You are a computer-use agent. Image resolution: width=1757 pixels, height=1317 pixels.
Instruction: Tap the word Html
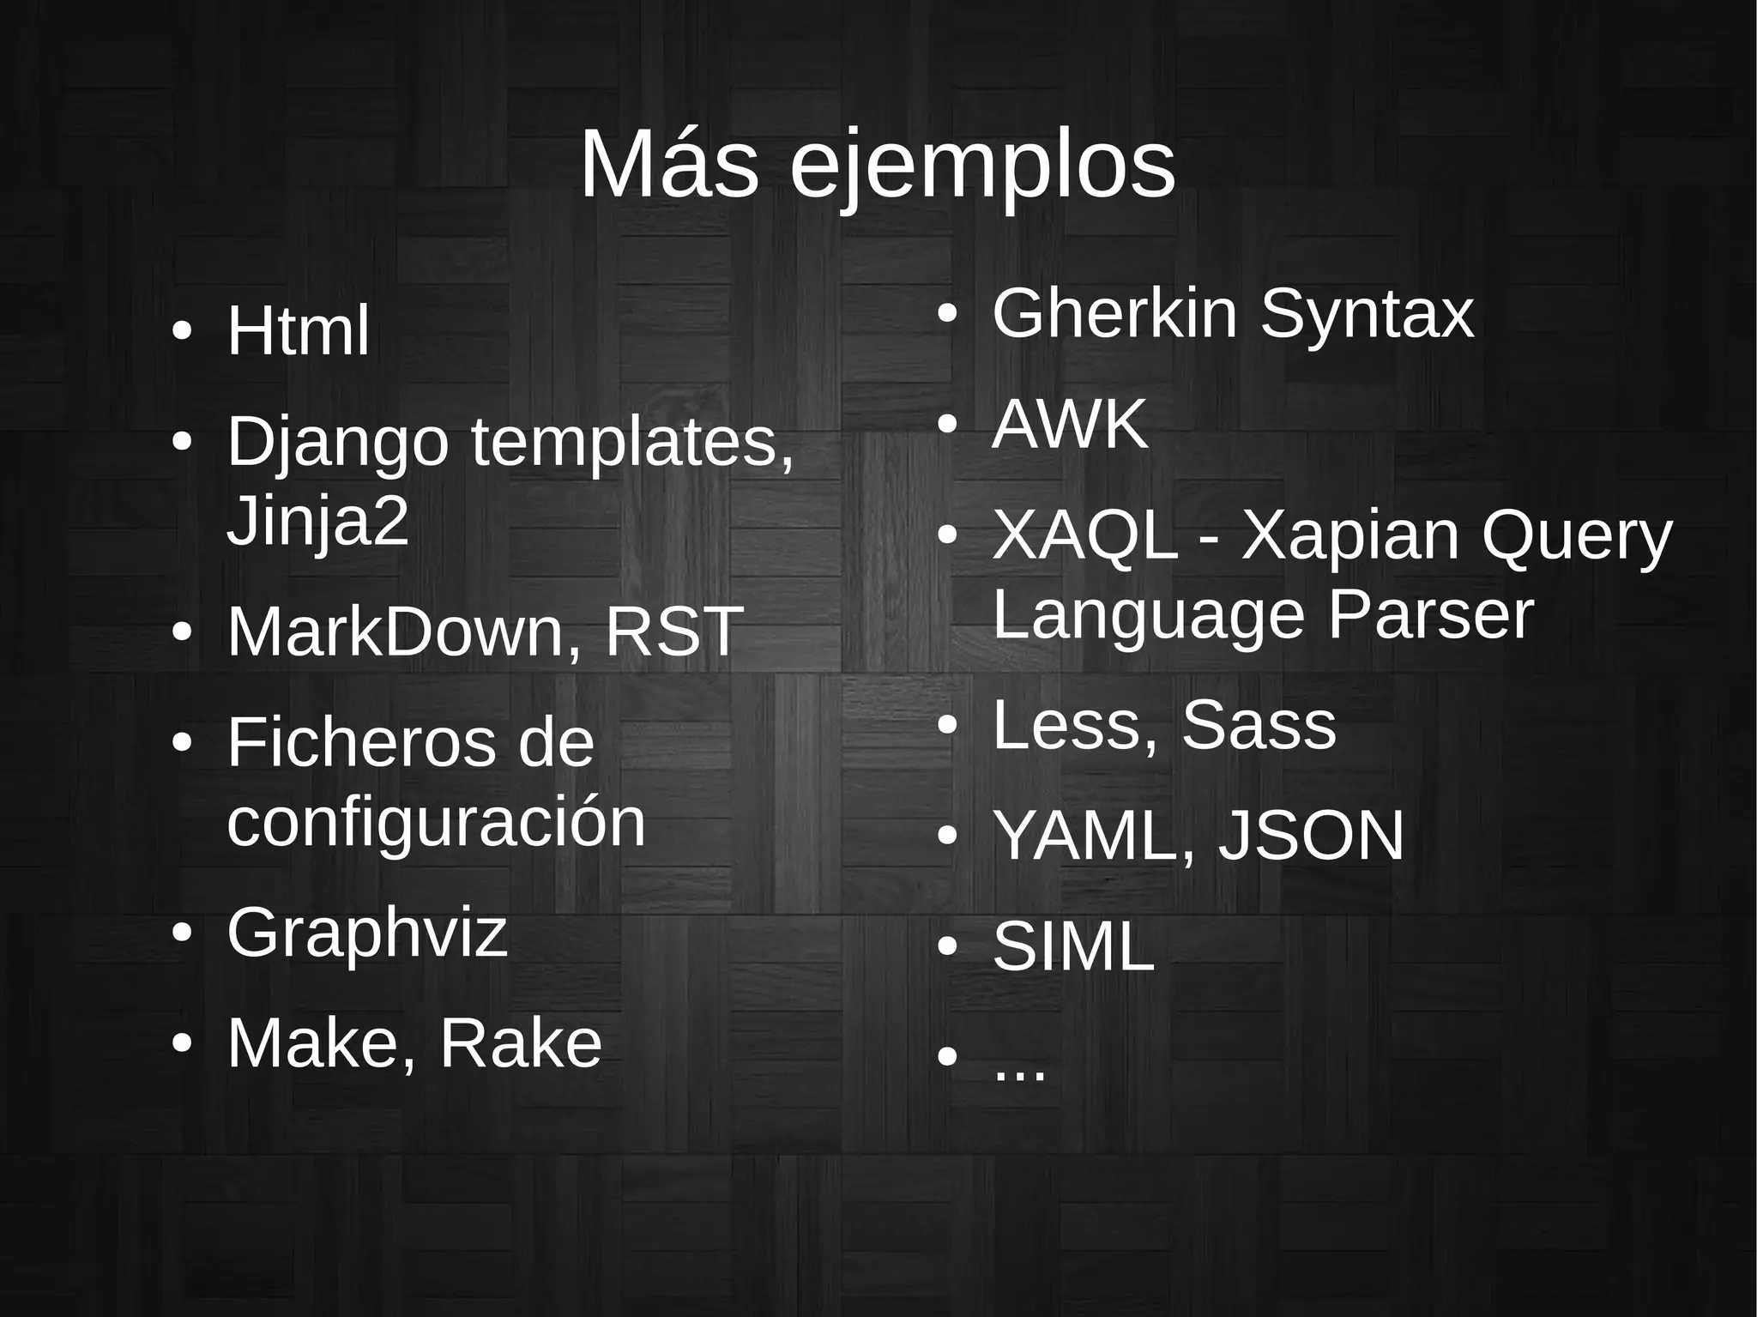pos(298,331)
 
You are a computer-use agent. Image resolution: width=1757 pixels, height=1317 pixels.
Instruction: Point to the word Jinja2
pos(317,523)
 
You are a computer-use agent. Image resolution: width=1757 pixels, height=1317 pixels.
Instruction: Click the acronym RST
pos(673,631)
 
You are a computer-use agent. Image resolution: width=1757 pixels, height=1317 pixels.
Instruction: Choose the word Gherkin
pos(1114,314)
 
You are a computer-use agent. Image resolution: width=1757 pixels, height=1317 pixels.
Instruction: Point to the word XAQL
pos(1085,535)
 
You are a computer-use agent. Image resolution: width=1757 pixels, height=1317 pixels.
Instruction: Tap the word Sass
pos(1259,726)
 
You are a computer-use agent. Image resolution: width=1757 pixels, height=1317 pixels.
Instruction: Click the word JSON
pos(1311,836)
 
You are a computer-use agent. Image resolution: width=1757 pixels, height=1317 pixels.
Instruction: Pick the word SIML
pos(1073,947)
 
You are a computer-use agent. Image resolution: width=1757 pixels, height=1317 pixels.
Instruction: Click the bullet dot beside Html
pos(181,333)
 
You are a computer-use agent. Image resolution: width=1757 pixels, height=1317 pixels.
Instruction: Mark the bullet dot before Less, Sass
pos(946,726)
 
